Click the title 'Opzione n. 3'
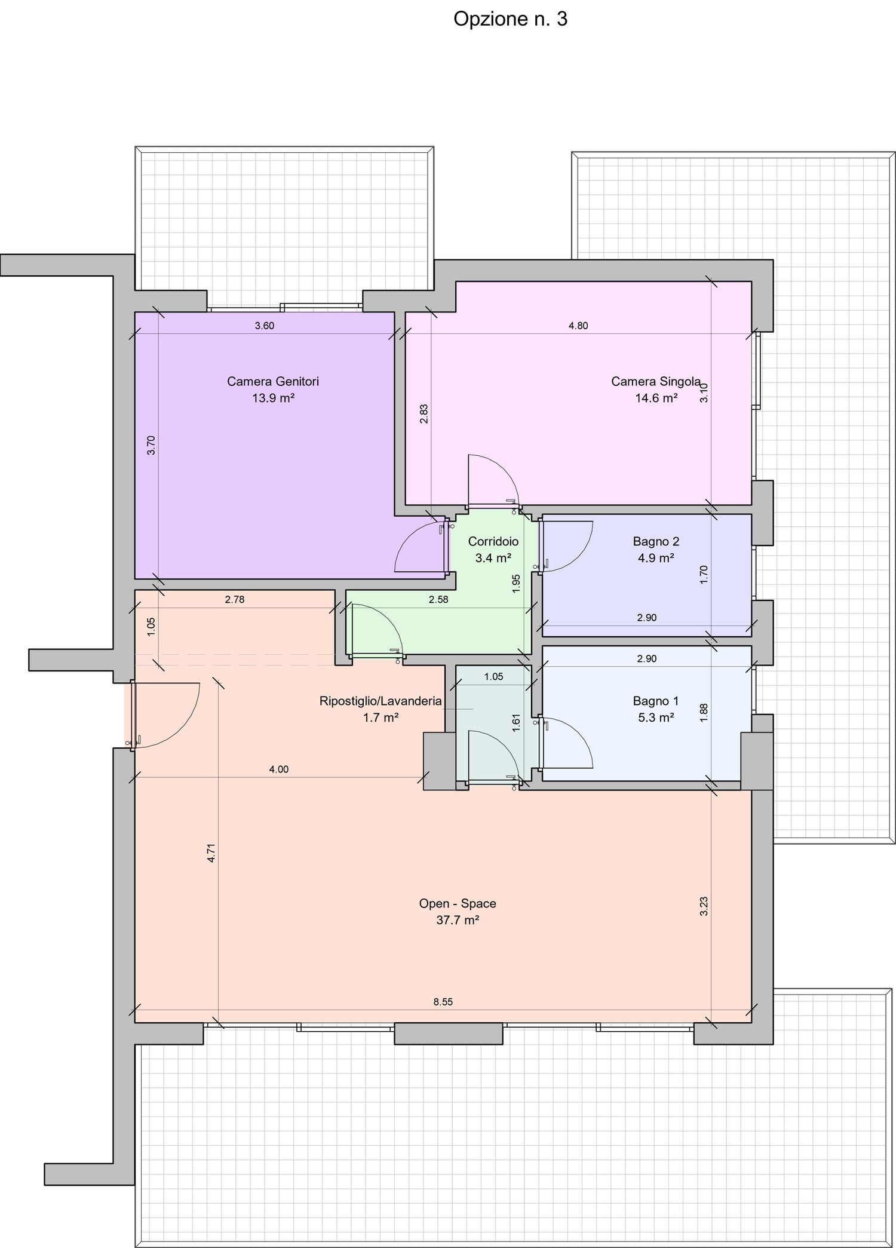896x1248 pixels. [510, 19]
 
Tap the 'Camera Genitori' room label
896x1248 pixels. [273, 381]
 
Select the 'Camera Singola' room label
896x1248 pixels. [656, 381]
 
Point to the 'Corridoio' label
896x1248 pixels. [493, 541]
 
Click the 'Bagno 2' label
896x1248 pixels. [656, 541]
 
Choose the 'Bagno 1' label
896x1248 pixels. [656, 701]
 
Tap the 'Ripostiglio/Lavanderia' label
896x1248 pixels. [381, 701]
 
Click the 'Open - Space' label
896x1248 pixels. [458, 903]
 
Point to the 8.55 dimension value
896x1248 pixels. [443, 1002]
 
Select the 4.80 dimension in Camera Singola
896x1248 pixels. [578, 326]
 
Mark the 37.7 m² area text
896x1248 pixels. [458, 920]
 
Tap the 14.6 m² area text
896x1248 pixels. [656, 398]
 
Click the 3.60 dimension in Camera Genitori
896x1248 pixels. [265, 326]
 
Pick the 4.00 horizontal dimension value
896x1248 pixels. [279, 769]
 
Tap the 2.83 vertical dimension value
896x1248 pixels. [424, 414]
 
